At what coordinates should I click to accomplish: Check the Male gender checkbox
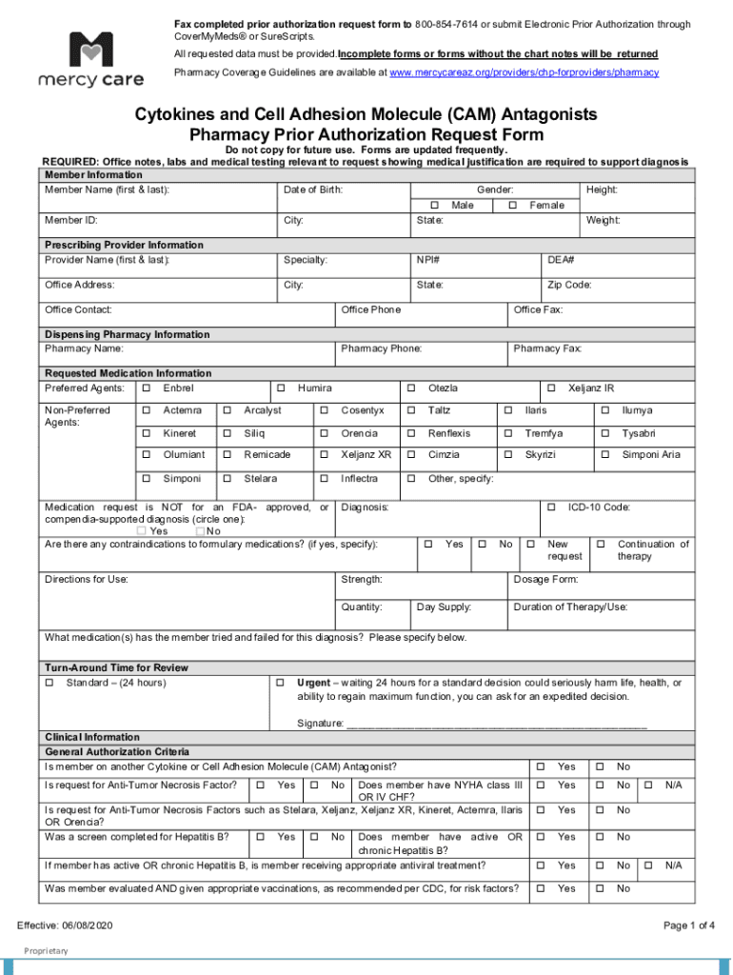point(434,206)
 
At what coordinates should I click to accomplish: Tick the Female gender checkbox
point(514,206)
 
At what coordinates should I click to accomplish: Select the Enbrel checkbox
point(146,388)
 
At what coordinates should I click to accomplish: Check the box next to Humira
point(281,388)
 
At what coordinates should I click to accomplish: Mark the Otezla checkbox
point(411,388)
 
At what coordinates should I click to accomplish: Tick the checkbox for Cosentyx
point(324,410)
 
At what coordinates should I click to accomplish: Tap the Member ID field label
point(71,221)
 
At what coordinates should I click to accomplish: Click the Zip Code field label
point(569,285)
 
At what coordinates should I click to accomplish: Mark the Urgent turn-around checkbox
point(281,683)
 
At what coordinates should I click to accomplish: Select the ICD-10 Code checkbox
point(551,507)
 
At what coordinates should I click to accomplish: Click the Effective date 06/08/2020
point(65,925)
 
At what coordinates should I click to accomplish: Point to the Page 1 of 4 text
point(688,925)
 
